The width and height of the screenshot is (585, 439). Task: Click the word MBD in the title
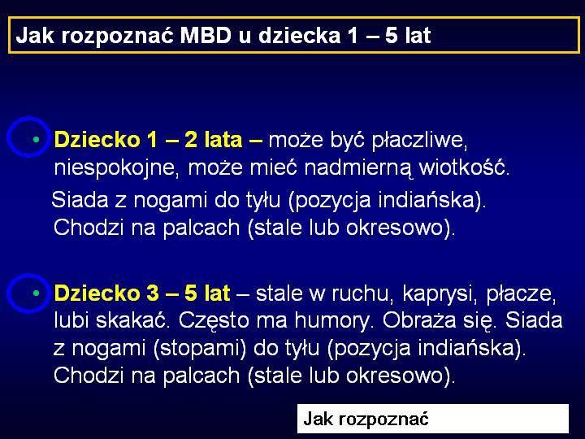206,36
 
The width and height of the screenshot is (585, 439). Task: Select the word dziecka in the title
299,36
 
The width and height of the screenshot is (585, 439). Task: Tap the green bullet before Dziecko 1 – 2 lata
37,140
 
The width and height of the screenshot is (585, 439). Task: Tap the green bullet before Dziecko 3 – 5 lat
37,293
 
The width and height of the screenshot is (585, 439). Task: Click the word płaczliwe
420,141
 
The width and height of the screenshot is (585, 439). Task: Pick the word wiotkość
464,167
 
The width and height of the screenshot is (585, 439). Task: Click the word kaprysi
441,294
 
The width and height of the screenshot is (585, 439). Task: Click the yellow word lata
223,140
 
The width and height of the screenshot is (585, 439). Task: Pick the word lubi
72,320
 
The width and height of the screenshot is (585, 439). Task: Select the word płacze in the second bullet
521,294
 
